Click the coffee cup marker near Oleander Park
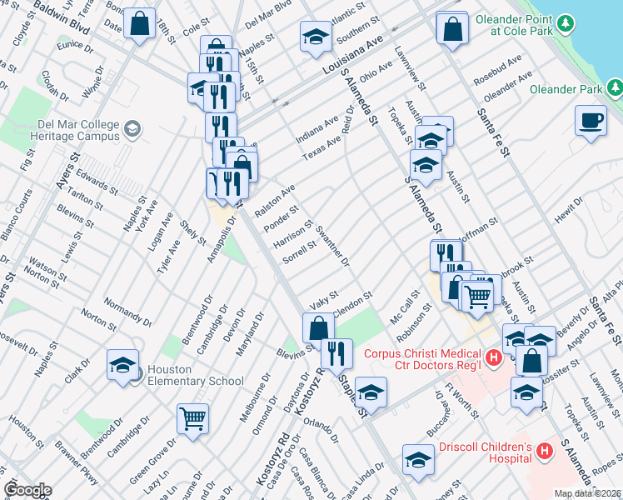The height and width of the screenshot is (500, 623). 591,121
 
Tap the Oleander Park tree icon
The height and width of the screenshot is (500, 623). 614,87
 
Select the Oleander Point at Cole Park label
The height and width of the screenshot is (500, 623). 522,25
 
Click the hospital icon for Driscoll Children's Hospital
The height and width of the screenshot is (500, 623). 545,451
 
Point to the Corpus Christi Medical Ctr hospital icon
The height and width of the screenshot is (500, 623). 493,358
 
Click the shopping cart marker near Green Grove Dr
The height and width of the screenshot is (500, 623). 192,419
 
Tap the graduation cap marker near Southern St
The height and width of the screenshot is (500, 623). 315,37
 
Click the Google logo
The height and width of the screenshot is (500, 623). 27,490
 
